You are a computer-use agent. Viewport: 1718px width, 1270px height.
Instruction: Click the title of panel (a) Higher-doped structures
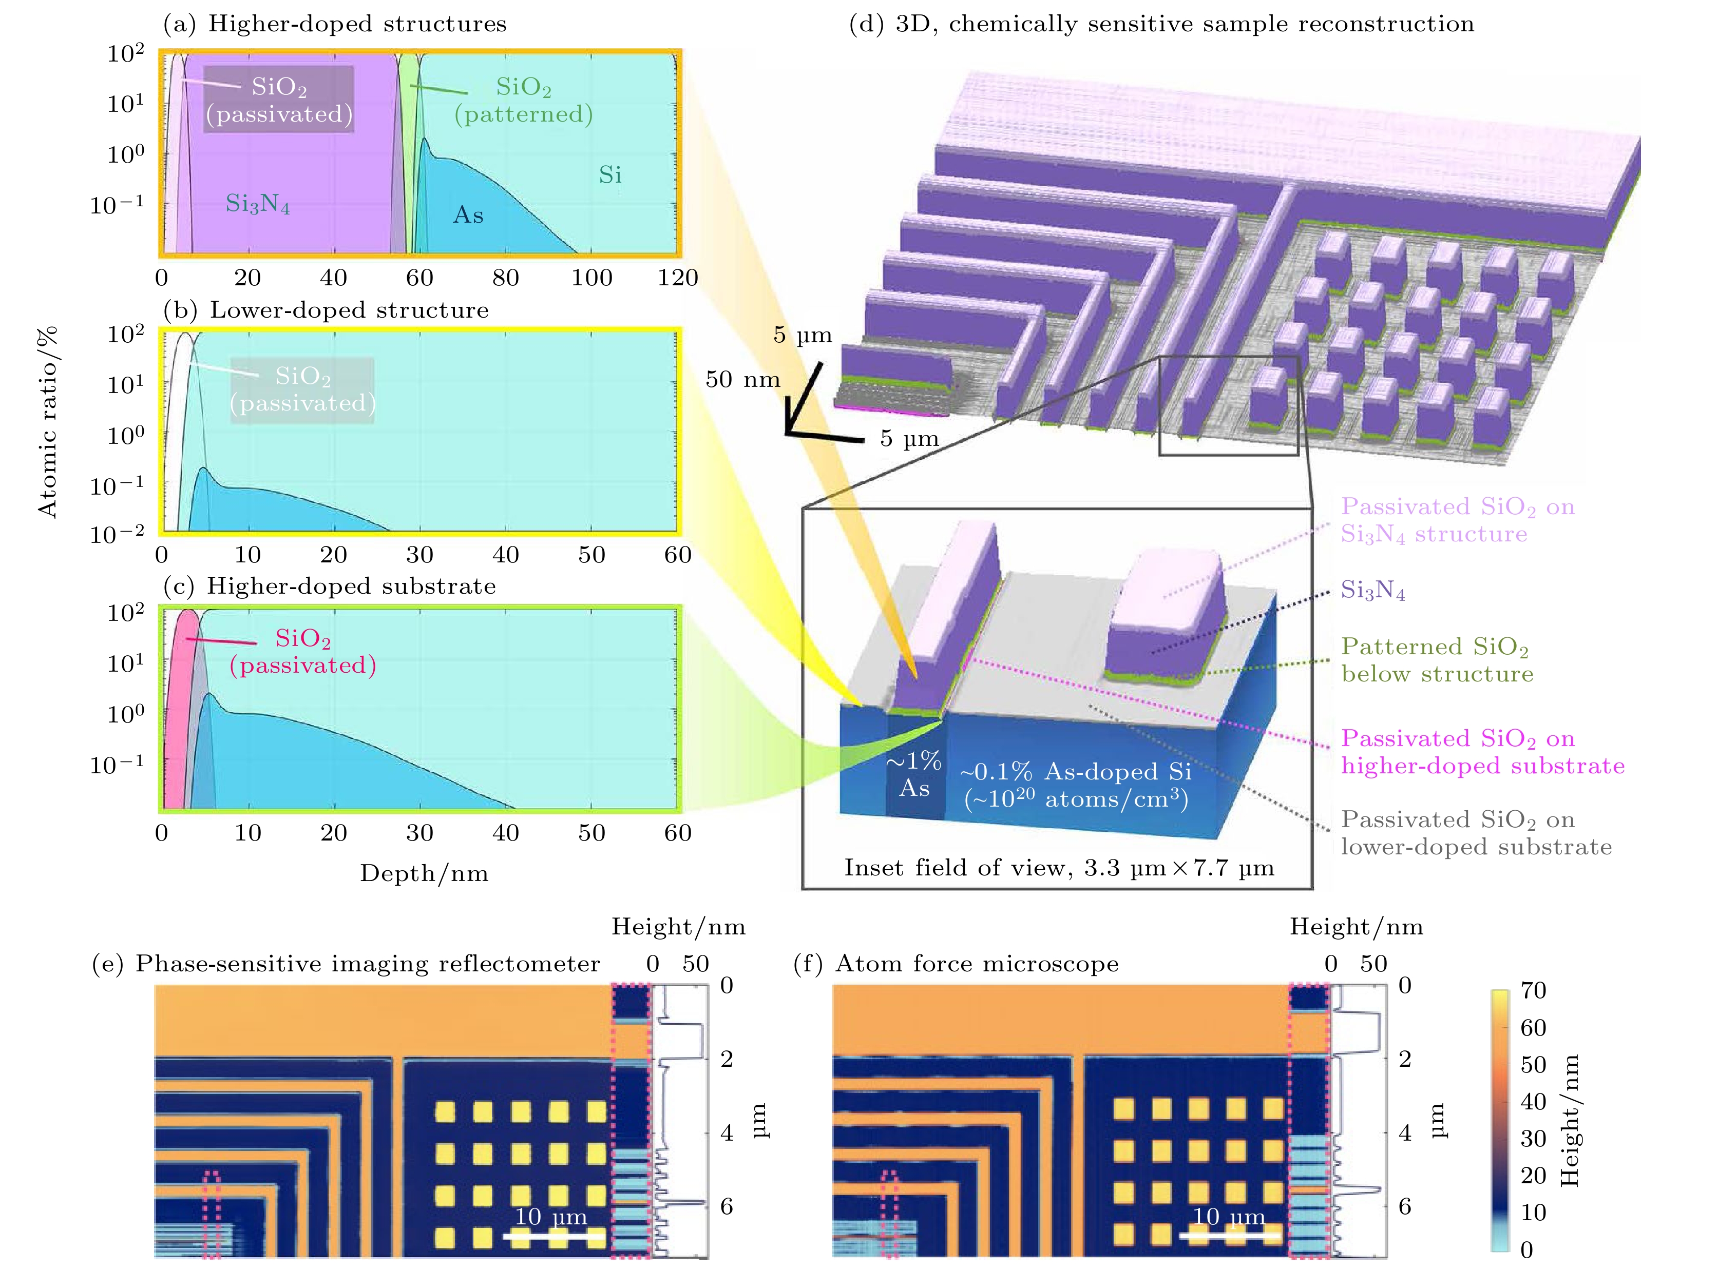335,24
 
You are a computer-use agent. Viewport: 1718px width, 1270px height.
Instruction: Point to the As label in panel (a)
468,214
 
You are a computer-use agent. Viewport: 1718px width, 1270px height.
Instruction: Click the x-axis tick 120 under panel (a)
677,278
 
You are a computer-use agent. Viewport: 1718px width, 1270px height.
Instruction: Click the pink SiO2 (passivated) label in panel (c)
302,651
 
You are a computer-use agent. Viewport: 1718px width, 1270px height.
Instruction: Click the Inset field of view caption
1059,868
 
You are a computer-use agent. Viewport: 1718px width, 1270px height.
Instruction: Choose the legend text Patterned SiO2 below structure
1437,660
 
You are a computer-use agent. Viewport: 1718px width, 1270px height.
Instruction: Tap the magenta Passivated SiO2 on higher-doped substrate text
1482,752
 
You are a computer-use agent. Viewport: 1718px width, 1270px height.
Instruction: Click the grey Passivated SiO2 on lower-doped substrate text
1476,833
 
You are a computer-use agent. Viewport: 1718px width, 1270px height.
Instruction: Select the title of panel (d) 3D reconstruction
1161,24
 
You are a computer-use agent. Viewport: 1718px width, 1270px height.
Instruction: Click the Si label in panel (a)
610,175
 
